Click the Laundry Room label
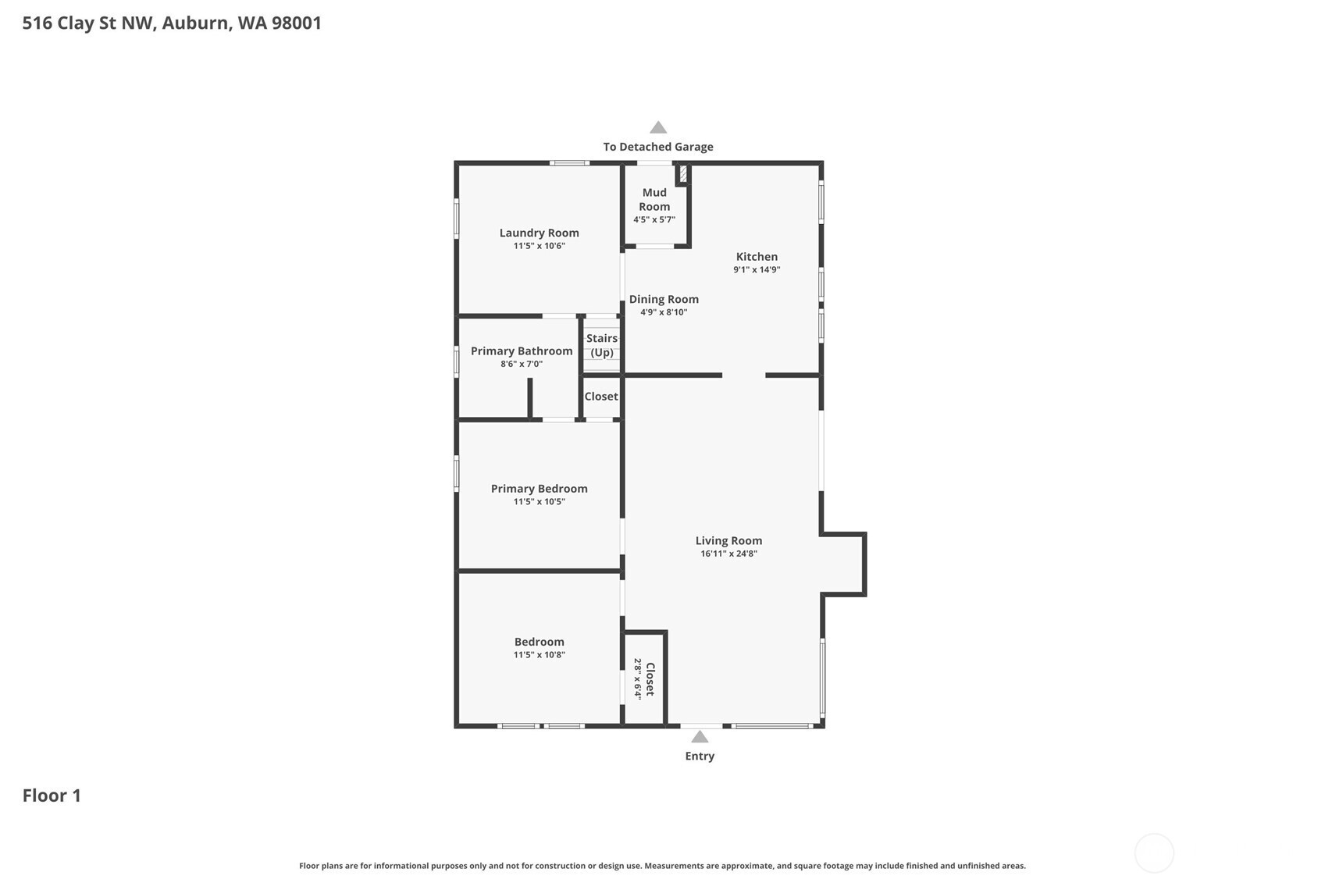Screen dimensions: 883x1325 [x=539, y=233]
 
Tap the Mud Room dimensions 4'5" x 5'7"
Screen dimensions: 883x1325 [x=654, y=220]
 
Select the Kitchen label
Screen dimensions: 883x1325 [x=757, y=257]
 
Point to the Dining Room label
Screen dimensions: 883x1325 [x=664, y=299]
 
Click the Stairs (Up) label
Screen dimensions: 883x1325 [x=602, y=345]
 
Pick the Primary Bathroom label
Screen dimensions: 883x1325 [x=522, y=351]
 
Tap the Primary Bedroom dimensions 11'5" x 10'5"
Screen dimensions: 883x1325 [x=539, y=502]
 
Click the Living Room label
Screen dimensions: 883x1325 [x=728, y=540]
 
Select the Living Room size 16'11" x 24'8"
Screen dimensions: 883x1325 [x=728, y=554]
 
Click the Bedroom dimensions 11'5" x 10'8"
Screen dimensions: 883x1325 [x=539, y=655]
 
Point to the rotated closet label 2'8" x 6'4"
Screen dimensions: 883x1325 [x=637, y=678]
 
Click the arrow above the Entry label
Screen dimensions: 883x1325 [x=700, y=737]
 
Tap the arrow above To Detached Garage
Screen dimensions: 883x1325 [x=658, y=127]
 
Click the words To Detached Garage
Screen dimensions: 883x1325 [x=658, y=147]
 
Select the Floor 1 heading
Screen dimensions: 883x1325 [x=52, y=796]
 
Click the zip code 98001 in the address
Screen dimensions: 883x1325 [x=296, y=23]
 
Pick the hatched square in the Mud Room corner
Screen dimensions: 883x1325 [x=683, y=173]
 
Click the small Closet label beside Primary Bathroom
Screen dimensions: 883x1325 [x=601, y=397]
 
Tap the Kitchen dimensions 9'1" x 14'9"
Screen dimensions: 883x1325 [x=757, y=270]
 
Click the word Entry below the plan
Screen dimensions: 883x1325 [x=700, y=756]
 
